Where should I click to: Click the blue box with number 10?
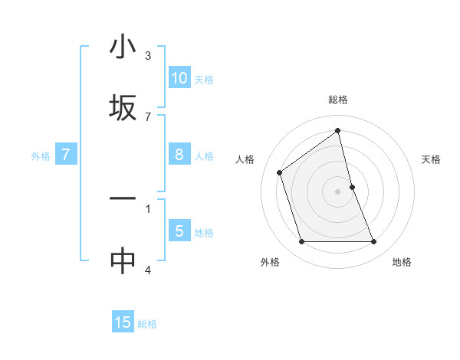[179, 78]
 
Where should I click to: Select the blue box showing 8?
[179, 155]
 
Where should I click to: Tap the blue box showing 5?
[179, 231]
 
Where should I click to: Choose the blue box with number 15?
[123, 322]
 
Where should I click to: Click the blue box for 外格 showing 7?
[67, 155]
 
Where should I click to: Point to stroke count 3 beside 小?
[148, 56]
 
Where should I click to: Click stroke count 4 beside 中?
[148, 269]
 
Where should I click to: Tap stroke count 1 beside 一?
[148, 208]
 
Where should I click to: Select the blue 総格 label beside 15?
[148, 324]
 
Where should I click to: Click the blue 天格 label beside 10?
[204, 80]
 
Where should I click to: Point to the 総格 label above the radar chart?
[337, 100]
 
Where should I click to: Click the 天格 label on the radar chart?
[431, 159]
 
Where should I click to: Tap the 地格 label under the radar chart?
[402, 262]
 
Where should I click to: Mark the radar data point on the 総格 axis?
[337, 131]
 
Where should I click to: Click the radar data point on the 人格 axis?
[280, 172]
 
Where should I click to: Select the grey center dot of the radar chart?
[337, 191]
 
